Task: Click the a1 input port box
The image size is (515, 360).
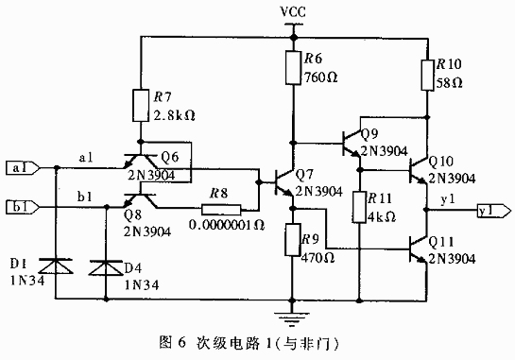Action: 23,168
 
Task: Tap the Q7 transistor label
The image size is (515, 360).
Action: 304,175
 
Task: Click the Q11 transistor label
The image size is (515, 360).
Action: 441,241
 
